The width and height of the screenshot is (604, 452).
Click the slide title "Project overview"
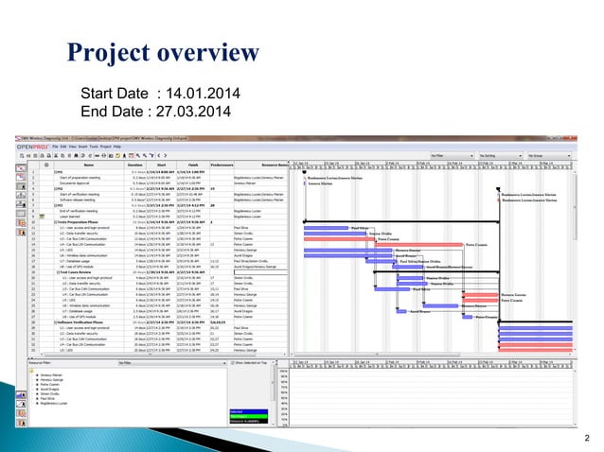[x=165, y=50]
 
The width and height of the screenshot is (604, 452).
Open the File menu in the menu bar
[x=57, y=147]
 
